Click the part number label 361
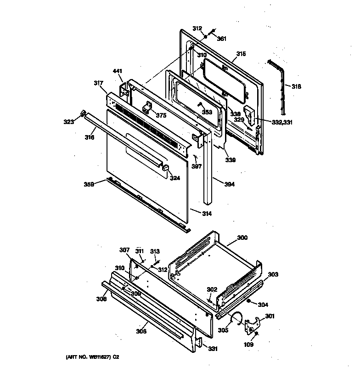pos(222,39)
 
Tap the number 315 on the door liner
pos(241,54)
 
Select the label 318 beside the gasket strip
pos(297,86)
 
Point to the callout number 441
pos(118,71)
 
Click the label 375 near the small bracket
pos(160,116)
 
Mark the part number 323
pos(69,122)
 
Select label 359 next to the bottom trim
pos(89,184)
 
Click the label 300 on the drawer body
pos(242,238)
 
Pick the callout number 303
pos(273,274)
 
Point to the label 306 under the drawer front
pos(141,331)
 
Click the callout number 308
pos(101,299)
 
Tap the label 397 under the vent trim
pos(197,166)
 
